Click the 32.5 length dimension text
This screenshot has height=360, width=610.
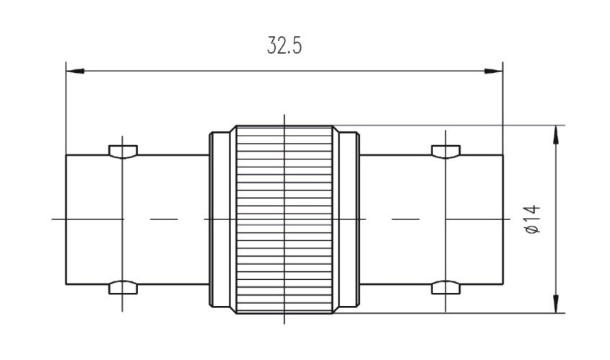(x=284, y=45)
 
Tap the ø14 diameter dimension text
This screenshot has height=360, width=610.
(x=533, y=219)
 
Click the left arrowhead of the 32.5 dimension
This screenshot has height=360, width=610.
(x=76, y=71)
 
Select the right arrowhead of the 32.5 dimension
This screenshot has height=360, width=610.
(x=493, y=71)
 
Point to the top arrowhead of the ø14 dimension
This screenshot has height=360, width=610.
(x=556, y=135)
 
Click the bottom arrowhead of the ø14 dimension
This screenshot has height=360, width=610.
(x=556, y=303)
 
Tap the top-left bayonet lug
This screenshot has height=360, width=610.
(x=123, y=152)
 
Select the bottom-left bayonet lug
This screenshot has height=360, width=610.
(x=123, y=287)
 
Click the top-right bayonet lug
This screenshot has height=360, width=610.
(x=446, y=152)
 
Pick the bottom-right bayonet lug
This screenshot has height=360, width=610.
(x=446, y=287)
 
